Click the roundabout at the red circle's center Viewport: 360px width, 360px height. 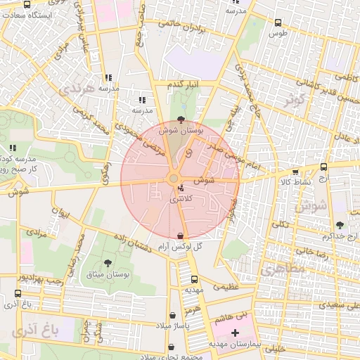coord(173,179)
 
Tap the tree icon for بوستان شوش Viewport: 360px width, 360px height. coord(183,120)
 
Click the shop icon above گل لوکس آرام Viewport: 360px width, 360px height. coord(181,236)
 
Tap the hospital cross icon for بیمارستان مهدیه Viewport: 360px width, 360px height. coord(235,332)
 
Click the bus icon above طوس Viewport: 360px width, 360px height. coord(278,22)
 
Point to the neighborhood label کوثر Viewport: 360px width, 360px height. coord(297,99)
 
